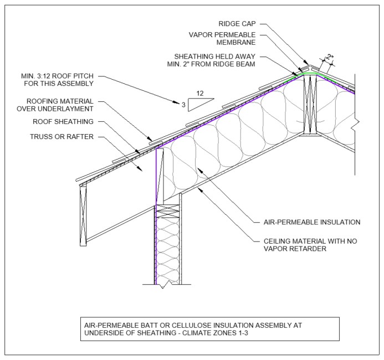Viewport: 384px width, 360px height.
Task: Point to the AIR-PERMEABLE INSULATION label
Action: pyautogui.click(x=312, y=222)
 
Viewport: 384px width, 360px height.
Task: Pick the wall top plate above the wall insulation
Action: pyautogui.click(x=167, y=209)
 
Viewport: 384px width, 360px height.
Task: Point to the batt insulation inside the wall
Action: pyautogui.click(x=167, y=249)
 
